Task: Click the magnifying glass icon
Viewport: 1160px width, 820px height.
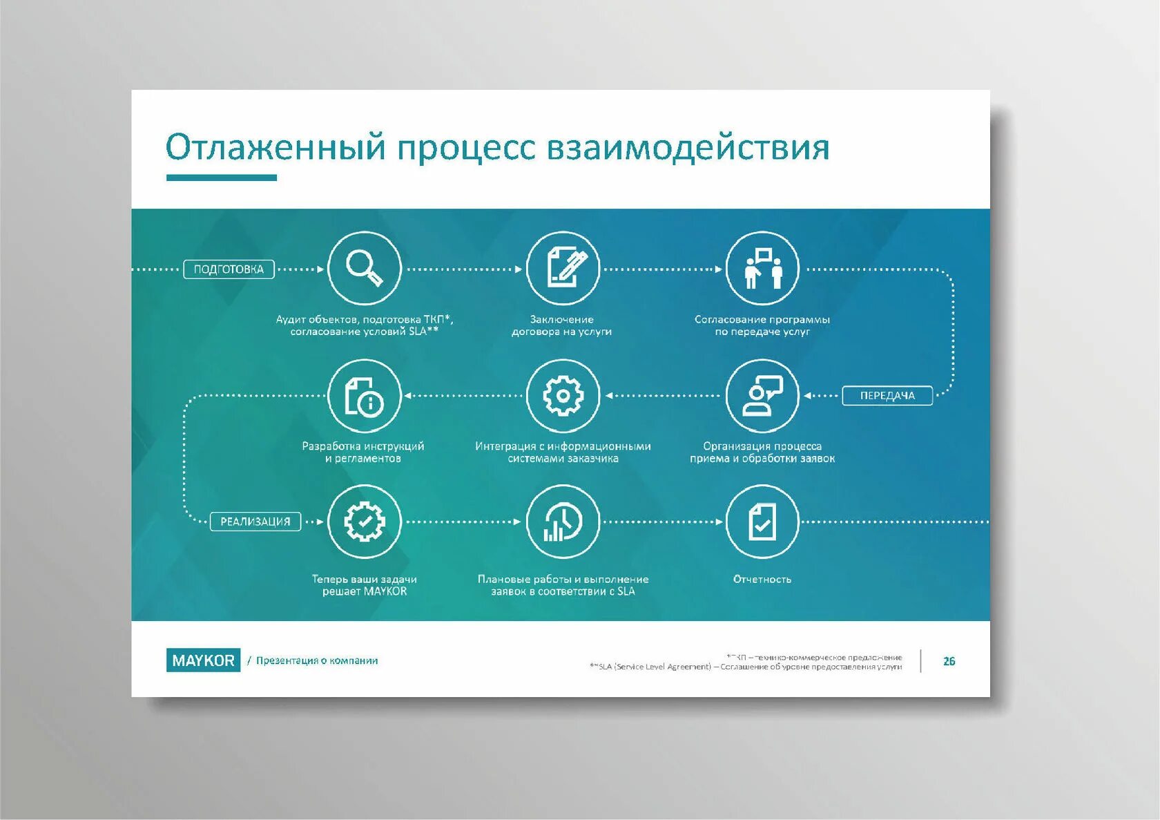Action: (364, 268)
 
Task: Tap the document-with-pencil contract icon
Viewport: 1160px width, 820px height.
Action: (563, 268)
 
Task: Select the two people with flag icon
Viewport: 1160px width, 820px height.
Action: (762, 268)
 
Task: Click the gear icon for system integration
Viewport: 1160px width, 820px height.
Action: (563, 396)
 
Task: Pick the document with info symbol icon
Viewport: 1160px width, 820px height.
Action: (364, 396)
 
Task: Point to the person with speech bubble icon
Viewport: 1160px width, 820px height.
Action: (762, 396)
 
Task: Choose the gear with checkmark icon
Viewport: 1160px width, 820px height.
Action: (364, 522)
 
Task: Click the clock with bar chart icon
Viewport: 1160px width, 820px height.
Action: (563, 522)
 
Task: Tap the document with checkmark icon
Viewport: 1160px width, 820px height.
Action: (762, 522)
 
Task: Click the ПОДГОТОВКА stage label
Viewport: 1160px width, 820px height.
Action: (229, 269)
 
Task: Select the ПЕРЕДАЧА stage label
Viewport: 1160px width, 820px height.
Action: (887, 396)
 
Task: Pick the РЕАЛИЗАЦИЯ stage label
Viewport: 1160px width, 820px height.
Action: (255, 522)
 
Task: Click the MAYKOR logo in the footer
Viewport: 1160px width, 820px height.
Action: (203, 660)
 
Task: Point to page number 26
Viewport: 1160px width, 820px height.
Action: (949, 661)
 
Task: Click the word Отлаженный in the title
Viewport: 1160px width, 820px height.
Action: (275, 147)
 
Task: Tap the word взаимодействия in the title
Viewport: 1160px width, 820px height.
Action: (688, 147)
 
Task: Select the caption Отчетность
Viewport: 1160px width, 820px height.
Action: (762, 579)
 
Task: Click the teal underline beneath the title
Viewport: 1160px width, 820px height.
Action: (221, 178)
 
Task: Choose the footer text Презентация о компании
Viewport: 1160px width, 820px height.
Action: (317, 660)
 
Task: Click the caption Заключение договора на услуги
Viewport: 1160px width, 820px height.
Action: (562, 325)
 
